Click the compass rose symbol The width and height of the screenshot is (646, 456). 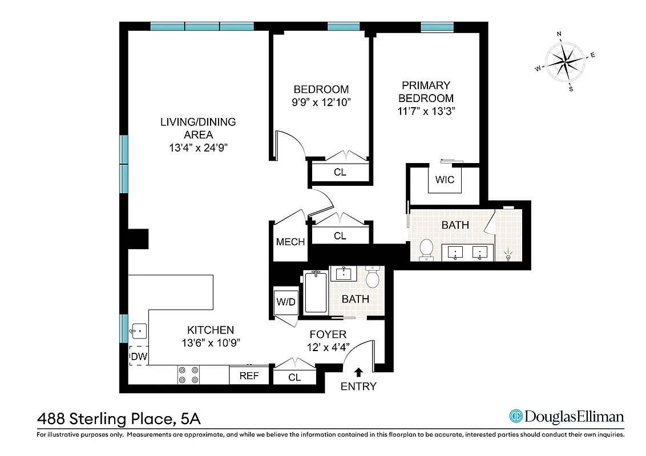tap(566, 62)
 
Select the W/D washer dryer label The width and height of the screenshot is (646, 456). tap(286, 302)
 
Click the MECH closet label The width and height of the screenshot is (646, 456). tap(290, 242)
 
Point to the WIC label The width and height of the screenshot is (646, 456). tap(445, 180)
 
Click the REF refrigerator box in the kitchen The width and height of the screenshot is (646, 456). tap(248, 376)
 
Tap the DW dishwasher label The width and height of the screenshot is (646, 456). tap(139, 357)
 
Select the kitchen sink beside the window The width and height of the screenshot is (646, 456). tap(138, 331)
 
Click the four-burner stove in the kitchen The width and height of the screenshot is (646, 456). tap(188, 374)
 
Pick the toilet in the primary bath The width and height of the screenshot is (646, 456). tap(426, 249)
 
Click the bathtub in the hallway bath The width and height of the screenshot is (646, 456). tap(316, 292)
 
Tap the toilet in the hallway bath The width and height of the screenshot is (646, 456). tap(373, 278)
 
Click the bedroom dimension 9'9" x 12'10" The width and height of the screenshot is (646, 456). tap(321, 103)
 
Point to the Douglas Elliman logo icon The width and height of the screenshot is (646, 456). tap(516, 417)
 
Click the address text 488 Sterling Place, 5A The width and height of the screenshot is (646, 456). tap(119, 419)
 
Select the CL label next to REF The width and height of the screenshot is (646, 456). tap(294, 377)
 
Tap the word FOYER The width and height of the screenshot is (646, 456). tap(328, 335)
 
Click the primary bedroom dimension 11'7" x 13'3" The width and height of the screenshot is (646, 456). tap(426, 112)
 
